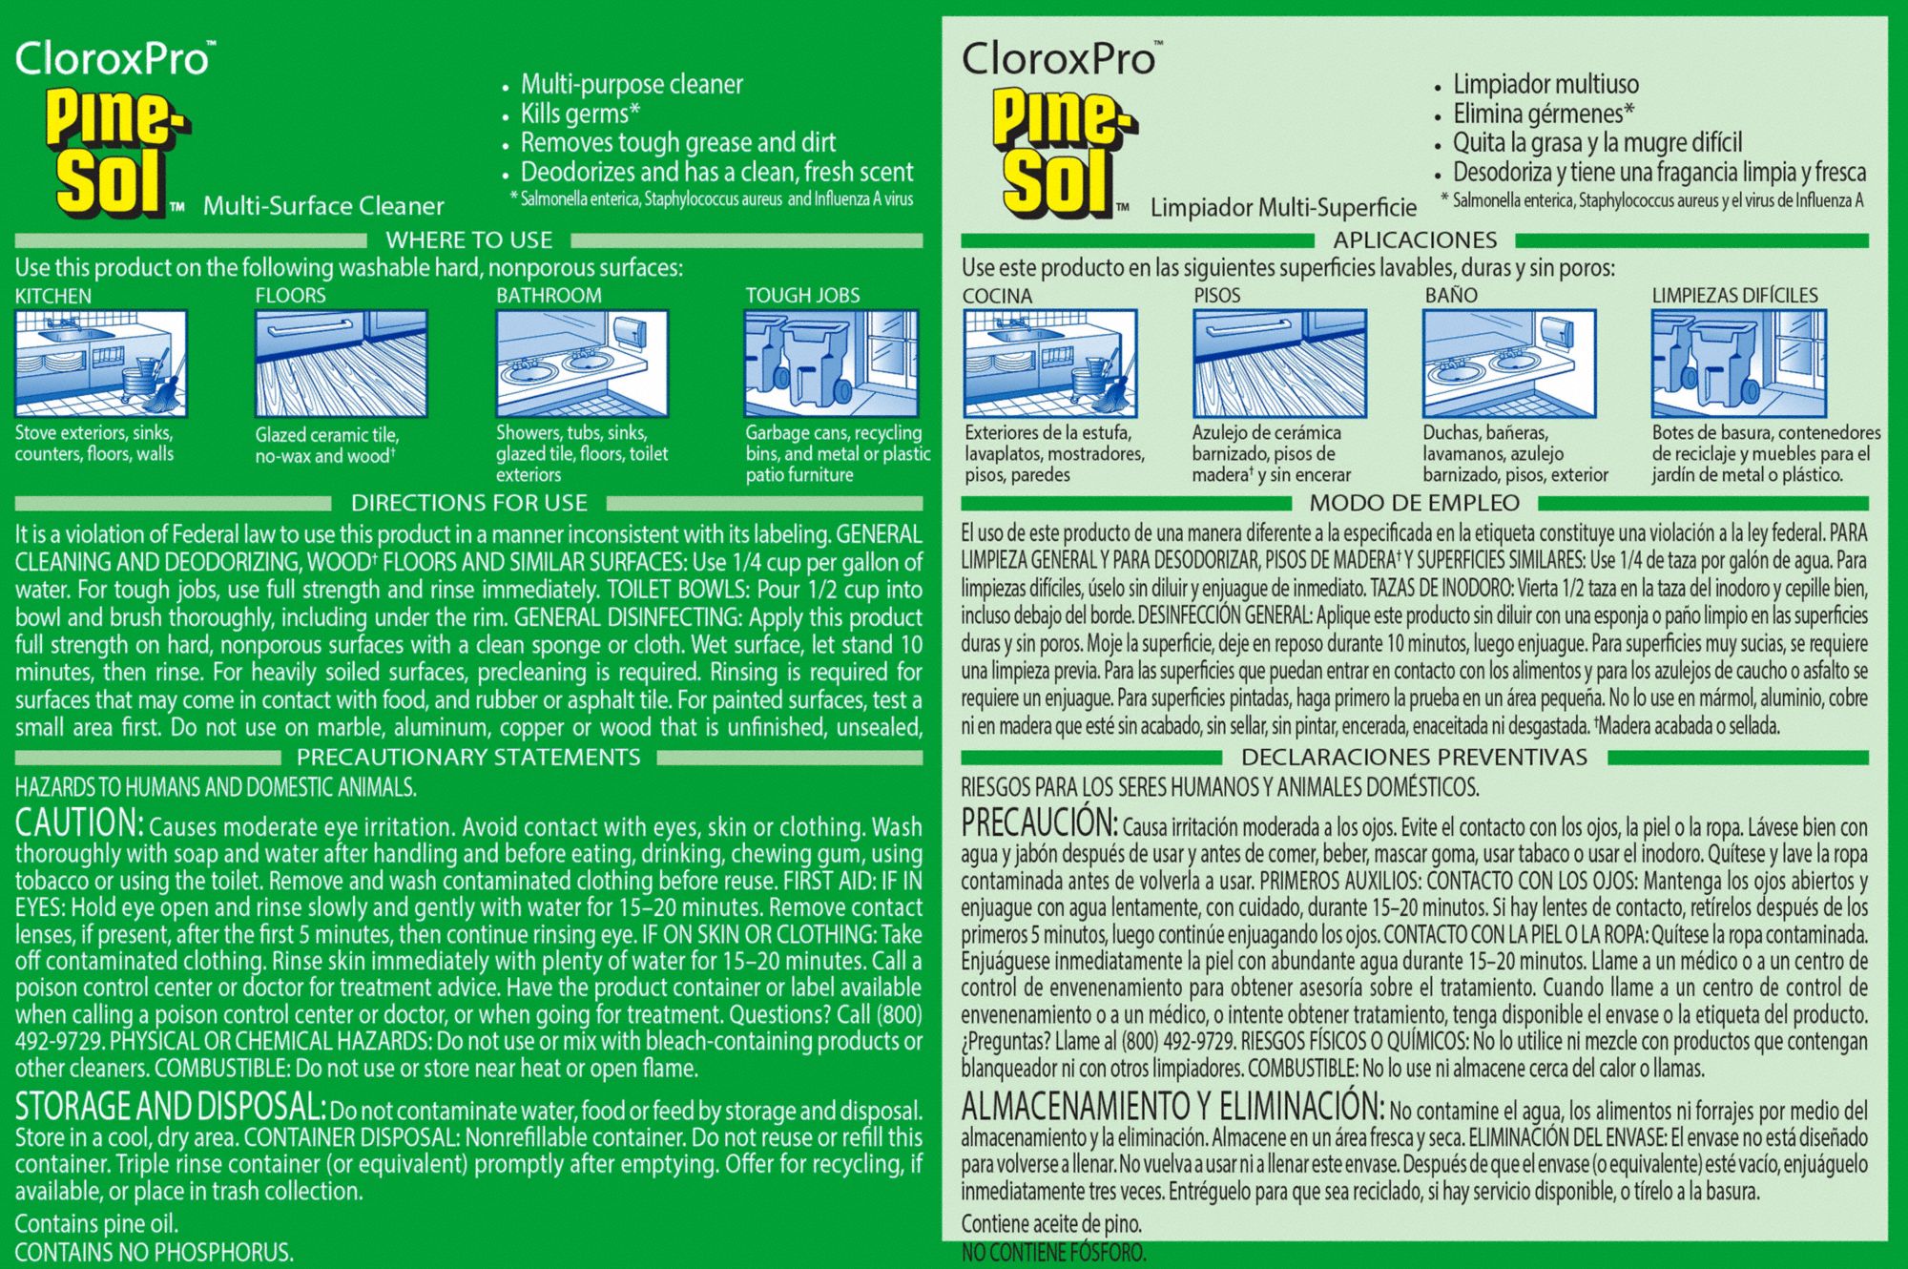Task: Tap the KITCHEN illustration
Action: coord(100,364)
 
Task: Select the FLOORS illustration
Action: coord(341,364)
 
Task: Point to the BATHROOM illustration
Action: coord(582,364)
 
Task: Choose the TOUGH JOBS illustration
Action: coord(832,364)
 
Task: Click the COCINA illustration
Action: coord(1050,364)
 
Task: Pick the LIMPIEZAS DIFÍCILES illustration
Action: coord(1739,364)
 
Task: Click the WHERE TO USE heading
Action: coord(468,240)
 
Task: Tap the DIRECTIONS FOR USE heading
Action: coord(468,503)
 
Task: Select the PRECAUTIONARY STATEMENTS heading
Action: coord(468,758)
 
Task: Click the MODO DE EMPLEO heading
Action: coord(1414,503)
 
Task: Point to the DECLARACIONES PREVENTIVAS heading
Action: coord(1414,758)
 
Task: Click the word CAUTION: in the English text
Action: coord(79,822)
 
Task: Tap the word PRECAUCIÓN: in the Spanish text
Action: coord(1039,822)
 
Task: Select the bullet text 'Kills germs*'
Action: coord(580,114)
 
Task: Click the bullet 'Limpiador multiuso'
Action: coord(1545,84)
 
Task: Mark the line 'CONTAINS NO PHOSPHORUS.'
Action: coord(154,1252)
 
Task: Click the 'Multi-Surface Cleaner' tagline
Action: coord(323,206)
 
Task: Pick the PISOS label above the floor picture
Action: coord(1217,296)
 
